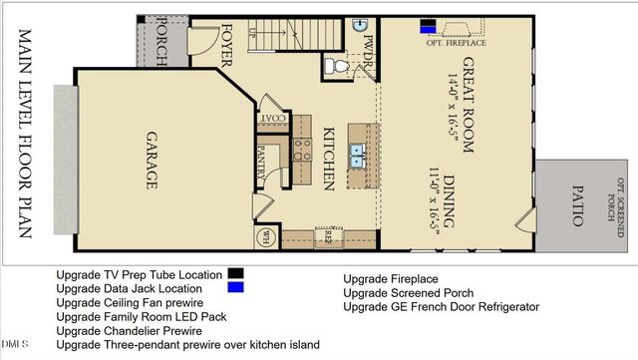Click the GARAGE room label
pos(153,160)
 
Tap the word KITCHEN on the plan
pos(327,160)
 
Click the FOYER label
pos(226,44)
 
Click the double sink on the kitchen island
pos(356,154)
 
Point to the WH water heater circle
pos(266,236)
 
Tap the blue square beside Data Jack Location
pos(235,287)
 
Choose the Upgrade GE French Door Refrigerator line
pos(440,307)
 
